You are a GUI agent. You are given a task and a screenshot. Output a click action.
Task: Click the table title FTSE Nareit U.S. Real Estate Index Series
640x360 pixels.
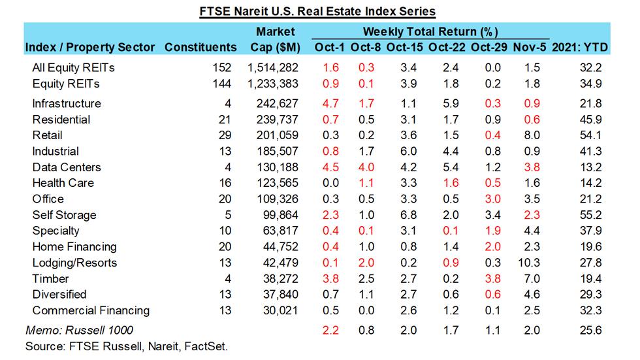coord(317,11)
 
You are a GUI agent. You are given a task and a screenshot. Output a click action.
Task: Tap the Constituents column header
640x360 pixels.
coord(200,47)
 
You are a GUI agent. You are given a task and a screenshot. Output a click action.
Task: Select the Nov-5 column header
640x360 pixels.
coord(529,47)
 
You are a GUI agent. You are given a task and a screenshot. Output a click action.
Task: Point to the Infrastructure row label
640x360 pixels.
coord(67,104)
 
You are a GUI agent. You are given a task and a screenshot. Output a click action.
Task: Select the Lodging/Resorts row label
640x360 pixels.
coord(74,263)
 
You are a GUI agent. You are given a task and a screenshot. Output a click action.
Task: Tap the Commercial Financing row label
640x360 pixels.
coord(91,310)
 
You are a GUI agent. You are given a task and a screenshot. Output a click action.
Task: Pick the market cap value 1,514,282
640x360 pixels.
coord(274,67)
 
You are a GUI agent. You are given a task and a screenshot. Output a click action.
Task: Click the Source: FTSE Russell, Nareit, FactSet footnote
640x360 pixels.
coord(126,346)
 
